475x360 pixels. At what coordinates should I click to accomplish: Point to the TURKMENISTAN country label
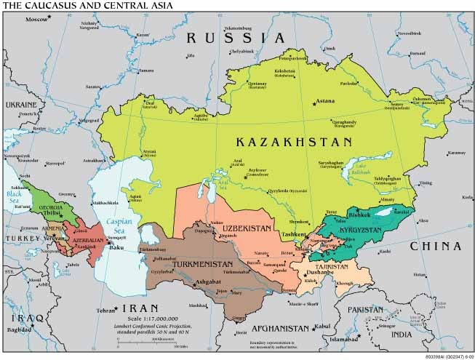[x=202, y=263]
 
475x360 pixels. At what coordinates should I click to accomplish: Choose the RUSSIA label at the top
[x=235, y=38]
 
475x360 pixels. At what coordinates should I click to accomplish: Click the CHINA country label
[x=436, y=247]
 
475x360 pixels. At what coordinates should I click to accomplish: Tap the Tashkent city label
[x=295, y=234]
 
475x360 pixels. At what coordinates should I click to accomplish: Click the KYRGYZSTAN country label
[x=360, y=229]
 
